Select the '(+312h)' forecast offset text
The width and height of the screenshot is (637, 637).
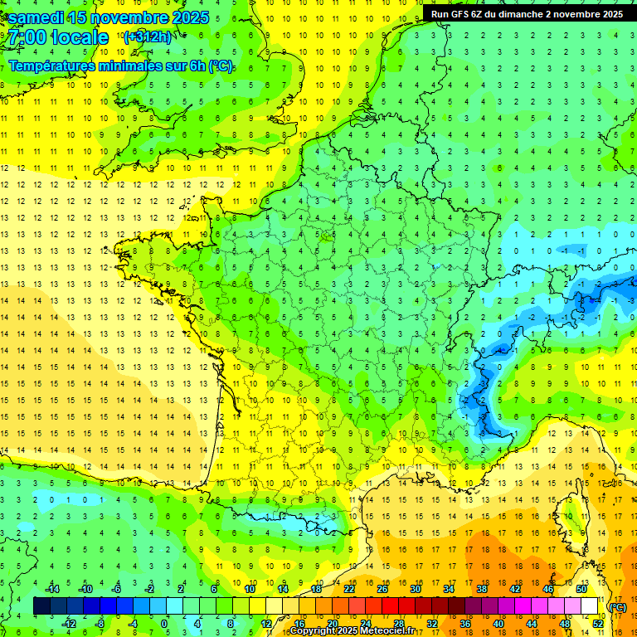click(x=148, y=36)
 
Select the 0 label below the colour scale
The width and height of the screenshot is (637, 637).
click(x=165, y=623)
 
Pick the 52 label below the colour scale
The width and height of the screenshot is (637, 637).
click(x=598, y=623)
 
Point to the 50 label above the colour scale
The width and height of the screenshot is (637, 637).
click(x=581, y=588)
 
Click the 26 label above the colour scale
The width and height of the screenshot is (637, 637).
click(x=382, y=588)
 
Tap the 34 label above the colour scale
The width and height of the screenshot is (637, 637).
click(x=449, y=588)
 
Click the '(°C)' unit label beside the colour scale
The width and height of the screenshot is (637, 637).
click(x=617, y=606)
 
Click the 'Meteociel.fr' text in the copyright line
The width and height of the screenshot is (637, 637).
click(x=387, y=631)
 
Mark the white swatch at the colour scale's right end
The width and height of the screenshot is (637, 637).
click(x=590, y=605)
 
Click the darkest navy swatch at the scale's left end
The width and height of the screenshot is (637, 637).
click(x=41, y=605)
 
